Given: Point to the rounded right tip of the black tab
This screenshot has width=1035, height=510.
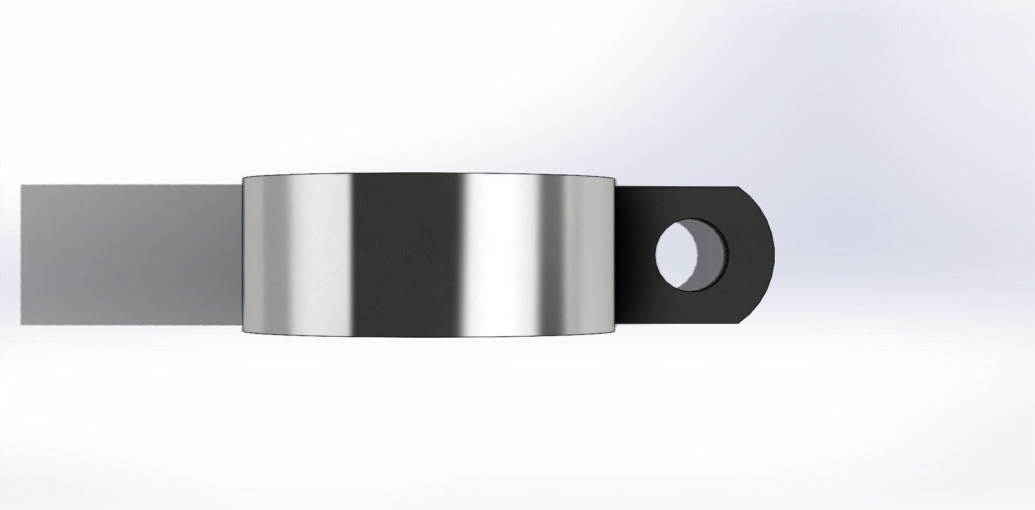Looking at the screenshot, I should click(774, 255).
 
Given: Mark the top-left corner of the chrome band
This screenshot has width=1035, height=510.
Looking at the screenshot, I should click(244, 178).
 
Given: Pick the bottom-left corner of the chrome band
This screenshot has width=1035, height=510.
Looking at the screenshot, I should click(244, 332).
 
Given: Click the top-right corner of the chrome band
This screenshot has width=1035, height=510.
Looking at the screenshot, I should click(615, 177).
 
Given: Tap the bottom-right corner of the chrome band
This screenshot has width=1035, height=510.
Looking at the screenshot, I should click(615, 332).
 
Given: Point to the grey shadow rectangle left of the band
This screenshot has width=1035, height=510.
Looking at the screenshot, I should click(129, 255).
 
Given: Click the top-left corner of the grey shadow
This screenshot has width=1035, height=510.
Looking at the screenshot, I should click(22, 186).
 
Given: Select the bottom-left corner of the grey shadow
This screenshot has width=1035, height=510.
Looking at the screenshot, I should click(22, 325).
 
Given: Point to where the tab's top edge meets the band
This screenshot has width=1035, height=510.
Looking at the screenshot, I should click(615, 187).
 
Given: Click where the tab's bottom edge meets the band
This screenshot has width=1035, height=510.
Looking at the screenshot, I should click(615, 323).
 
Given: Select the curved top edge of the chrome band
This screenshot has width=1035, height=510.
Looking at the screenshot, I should click(429, 173).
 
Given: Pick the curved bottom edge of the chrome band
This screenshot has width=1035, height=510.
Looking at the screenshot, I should click(429, 337).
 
